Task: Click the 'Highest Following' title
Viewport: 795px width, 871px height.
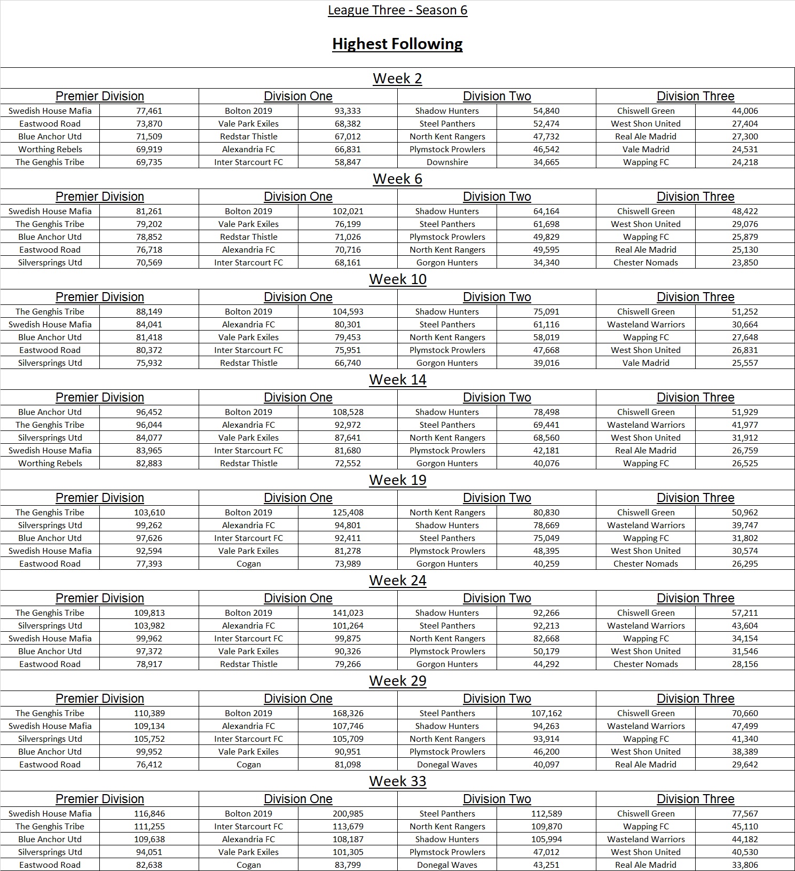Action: (397, 44)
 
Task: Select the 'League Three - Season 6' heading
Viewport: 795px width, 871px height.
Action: (397, 10)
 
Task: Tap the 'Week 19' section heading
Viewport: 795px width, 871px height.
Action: (397, 480)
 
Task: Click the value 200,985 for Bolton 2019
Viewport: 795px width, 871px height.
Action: (348, 813)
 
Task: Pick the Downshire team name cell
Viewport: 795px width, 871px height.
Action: (447, 162)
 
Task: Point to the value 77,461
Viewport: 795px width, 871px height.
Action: (149, 111)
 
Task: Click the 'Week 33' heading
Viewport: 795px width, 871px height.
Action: (397, 781)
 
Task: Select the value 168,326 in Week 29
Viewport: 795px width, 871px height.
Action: (348, 713)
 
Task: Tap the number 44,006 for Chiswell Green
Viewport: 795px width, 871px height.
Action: (745, 111)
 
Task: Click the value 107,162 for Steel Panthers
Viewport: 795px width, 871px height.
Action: (546, 713)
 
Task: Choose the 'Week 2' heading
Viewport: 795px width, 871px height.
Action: (397, 79)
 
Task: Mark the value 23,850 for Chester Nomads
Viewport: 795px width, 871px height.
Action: (745, 262)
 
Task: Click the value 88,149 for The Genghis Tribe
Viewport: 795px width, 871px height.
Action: (149, 311)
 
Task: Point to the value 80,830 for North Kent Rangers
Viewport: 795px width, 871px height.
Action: (546, 512)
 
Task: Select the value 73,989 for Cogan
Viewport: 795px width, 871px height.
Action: (348, 563)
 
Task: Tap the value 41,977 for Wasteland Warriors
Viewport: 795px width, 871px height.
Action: (745, 425)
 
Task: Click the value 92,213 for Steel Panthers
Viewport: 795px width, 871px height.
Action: (546, 625)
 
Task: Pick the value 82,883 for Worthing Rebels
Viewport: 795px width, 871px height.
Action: (149, 463)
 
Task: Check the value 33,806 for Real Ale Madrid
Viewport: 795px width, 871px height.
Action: (745, 865)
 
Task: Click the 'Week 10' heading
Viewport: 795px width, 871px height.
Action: (397, 279)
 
